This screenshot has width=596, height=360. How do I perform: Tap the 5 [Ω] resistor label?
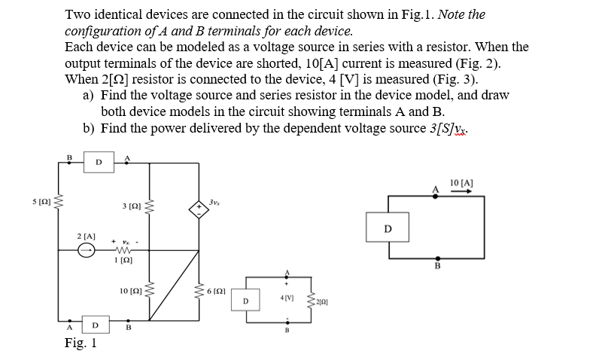[41, 201]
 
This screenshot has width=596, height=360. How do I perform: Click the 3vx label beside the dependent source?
[215, 200]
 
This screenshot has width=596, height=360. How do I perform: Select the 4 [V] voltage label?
[287, 297]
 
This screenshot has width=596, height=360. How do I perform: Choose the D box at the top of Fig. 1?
[99, 160]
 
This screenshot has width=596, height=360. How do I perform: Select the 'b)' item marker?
[89, 128]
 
